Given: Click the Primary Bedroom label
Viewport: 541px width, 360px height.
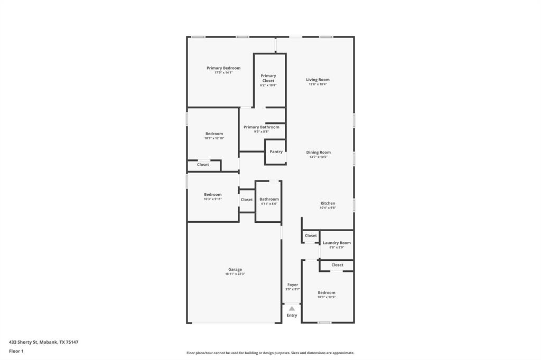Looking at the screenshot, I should point(223,68).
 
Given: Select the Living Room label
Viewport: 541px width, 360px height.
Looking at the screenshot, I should point(318,80).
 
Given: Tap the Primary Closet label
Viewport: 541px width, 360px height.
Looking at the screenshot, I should point(268,78).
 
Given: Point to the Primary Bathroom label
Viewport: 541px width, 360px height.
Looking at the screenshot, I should point(261,127).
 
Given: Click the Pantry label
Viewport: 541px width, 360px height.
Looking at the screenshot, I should point(276,151).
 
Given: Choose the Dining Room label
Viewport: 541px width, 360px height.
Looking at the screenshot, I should point(318,153).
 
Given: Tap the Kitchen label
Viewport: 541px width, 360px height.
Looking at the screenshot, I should point(328,203).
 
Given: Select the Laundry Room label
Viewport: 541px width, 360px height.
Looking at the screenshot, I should point(337,243).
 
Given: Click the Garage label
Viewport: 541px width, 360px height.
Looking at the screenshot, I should point(235,269).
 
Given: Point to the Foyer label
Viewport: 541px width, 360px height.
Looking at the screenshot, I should point(292,285).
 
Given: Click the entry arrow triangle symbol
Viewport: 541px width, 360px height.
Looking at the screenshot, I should point(292,308).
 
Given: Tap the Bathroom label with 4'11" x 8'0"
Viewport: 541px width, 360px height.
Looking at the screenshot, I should point(269,199).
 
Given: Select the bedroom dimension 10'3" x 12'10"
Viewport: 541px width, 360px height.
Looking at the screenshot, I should point(214,138).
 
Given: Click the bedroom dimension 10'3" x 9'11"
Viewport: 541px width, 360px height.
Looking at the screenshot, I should point(213,199).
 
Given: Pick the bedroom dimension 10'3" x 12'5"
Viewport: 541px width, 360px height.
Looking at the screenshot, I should point(327,297).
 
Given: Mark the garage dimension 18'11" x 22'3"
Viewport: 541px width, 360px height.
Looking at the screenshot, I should point(235,274).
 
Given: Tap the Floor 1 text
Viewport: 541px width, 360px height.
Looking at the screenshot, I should point(16,351).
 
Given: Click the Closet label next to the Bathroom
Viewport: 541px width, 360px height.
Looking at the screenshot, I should point(247,200).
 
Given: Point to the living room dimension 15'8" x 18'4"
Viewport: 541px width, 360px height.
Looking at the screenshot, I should point(318,84).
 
